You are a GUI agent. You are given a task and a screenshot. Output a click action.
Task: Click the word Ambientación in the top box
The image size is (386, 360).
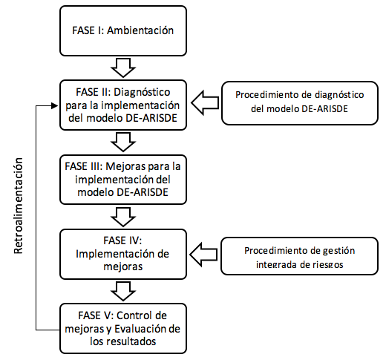140,30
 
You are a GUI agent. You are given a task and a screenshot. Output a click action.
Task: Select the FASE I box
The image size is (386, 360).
123,31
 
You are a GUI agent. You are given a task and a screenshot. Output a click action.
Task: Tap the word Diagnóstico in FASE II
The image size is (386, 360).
142,92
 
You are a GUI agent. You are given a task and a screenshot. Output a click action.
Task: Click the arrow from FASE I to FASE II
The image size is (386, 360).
123,68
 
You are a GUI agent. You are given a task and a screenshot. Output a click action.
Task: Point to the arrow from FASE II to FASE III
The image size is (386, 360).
123,142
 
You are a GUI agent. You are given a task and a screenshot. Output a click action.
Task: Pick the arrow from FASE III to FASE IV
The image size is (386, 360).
123,217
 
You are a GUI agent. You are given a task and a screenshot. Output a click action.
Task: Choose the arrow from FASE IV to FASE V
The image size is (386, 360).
123,291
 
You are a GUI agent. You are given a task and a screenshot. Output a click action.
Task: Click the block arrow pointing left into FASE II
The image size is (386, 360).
205,102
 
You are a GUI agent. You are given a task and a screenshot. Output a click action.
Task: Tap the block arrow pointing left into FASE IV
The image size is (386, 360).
203,255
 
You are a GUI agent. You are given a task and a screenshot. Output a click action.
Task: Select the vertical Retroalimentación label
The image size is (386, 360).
19,206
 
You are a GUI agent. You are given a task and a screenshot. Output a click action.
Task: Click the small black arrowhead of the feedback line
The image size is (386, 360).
54,105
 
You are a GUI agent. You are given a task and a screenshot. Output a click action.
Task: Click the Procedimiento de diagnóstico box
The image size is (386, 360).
300,103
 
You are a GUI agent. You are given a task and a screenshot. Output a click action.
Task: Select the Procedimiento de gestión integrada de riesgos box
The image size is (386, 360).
299,256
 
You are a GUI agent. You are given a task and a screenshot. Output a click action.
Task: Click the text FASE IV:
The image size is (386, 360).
122,240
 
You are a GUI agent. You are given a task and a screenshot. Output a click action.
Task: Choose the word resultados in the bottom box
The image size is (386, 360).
131,341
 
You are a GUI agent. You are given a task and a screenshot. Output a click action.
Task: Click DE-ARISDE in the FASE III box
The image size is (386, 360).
143,192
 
